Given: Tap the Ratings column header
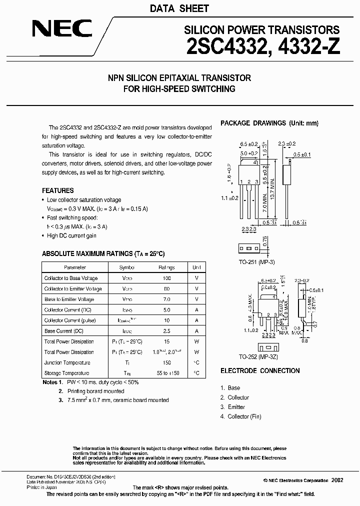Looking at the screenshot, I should (x=166, y=267).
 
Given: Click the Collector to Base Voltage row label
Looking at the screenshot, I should (x=71, y=278).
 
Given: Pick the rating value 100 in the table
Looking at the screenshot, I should (x=166, y=278).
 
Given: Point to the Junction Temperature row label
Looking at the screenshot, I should (x=67, y=362).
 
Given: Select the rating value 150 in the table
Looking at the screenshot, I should (x=166, y=362).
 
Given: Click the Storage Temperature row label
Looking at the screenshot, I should (x=66, y=373).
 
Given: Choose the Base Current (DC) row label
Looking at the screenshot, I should (x=63, y=331).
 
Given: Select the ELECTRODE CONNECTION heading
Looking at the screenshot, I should (x=260, y=370).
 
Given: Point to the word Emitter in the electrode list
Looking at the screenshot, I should (x=236, y=407).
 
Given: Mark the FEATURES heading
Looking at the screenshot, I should (x=57, y=190).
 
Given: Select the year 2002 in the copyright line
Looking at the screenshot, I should (x=337, y=479).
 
